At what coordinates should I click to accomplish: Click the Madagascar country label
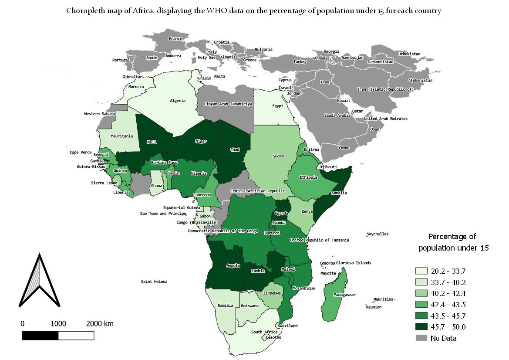pos(344,295)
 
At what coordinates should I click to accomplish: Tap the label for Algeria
pos(178,101)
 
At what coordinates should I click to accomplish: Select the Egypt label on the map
pos(277,106)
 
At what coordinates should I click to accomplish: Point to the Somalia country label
pos(339,193)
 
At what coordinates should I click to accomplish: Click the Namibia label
pos(226,306)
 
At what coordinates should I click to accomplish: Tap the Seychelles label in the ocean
pos(378,234)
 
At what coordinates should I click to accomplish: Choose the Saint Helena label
pos(154,282)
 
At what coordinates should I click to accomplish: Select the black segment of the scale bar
pos(40,336)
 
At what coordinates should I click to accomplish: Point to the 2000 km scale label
pos(100,324)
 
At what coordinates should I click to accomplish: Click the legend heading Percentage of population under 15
pos(453,242)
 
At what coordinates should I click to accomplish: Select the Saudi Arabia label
pos(337,115)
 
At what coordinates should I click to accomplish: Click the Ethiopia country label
pos(308,177)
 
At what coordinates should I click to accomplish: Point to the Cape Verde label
pos(81,153)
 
